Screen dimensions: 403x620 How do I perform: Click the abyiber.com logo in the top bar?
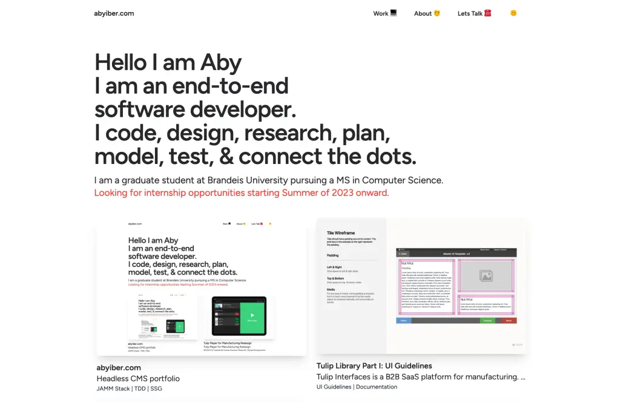tap(114, 13)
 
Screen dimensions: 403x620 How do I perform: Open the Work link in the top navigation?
tap(384, 13)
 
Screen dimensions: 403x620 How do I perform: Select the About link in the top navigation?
tap(427, 13)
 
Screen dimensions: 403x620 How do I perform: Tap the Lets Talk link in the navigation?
tap(474, 13)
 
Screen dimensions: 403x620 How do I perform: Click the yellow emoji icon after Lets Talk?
tap(513, 13)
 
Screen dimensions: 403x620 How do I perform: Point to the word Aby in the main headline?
tap(221, 63)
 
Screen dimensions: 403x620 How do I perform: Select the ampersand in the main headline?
tap(226, 157)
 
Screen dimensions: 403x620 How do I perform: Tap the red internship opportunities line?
tap(241, 193)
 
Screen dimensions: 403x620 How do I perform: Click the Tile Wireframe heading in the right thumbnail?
tap(341, 233)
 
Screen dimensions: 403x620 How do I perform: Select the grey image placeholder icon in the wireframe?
tap(486, 276)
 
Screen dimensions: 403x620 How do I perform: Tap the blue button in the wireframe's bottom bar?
tap(403, 321)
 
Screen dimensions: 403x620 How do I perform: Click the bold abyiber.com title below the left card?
tap(119, 367)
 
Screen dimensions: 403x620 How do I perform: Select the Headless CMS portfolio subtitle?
tap(138, 379)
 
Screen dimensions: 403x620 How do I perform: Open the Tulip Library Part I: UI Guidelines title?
tap(374, 365)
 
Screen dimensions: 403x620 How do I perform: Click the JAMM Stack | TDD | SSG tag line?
tap(129, 388)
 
